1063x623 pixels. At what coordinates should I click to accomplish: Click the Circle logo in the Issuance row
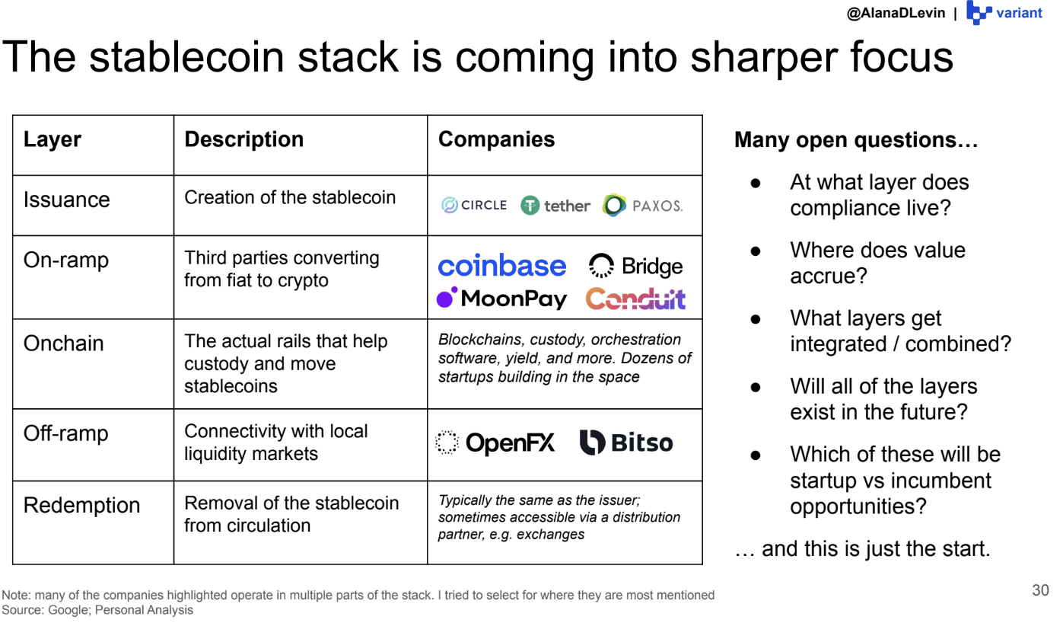point(474,205)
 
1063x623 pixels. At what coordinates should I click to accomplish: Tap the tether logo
point(555,206)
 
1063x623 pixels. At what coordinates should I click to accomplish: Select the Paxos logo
point(642,205)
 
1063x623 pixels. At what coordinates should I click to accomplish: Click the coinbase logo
point(501,266)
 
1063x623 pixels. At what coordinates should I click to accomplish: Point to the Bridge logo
point(635,266)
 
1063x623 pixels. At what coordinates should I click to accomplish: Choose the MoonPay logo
point(501,299)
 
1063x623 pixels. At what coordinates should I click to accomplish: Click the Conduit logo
point(635,299)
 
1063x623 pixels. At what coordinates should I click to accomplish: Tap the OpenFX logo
point(495,442)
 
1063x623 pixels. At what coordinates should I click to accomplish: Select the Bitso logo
point(626,442)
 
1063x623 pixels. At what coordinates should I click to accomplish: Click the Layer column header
point(53,139)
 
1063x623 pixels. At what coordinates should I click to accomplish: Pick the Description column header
point(244,139)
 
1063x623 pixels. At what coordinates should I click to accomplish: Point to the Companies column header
point(496,139)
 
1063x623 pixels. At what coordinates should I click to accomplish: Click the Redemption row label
point(81,505)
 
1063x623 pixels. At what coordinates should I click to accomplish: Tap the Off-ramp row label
point(66,433)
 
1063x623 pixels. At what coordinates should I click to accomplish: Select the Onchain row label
point(64,343)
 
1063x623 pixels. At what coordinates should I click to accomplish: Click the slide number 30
point(1040,590)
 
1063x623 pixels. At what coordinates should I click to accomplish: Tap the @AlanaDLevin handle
point(896,13)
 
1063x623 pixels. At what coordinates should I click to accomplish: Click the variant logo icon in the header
point(979,12)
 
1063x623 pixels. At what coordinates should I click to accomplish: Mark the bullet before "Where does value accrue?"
point(756,251)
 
